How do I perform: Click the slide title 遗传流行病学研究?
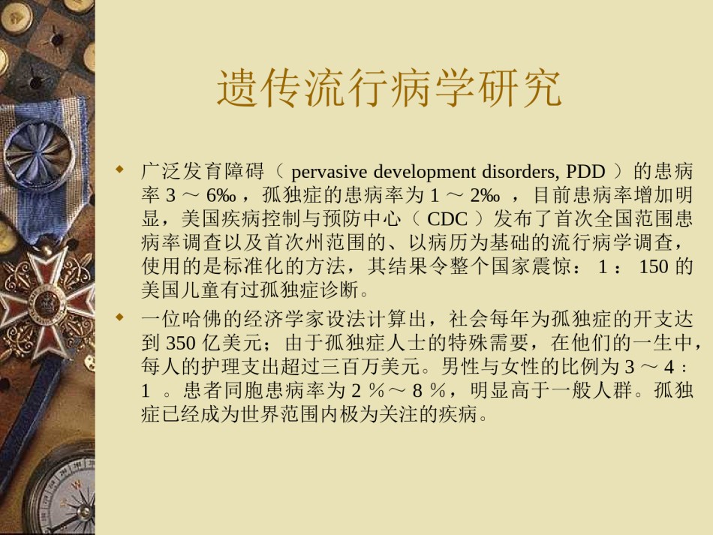pos(390,89)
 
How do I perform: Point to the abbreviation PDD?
pos(585,172)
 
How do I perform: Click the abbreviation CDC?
pos(447,219)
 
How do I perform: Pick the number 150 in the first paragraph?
pos(654,266)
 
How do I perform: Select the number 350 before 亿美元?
pos(181,343)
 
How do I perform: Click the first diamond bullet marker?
pos(120,170)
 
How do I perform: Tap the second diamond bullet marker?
pos(120,317)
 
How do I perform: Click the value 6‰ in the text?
pos(221,195)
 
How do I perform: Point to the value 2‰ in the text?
pos(485,195)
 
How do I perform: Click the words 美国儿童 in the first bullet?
pos(181,290)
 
